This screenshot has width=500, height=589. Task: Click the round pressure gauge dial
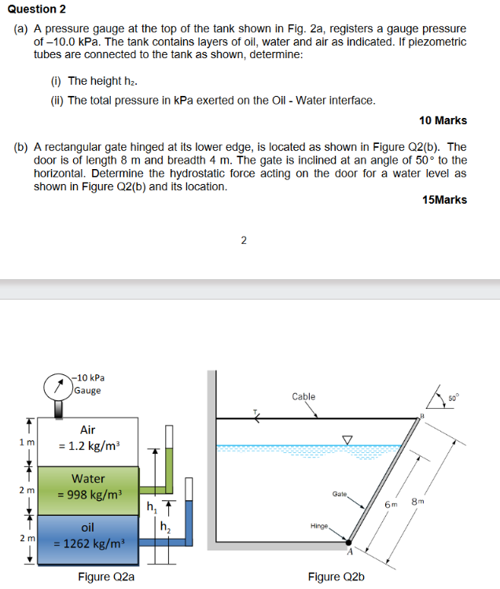coord(58,385)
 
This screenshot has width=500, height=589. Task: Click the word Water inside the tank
coord(88,478)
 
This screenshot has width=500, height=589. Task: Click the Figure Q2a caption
coord(105,576)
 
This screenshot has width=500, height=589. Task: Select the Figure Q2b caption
coord(336,576)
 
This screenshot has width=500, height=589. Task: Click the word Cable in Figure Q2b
coord(303,396)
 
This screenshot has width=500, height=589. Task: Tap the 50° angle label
coord(453,399)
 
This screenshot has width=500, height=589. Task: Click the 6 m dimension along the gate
coord(392,503)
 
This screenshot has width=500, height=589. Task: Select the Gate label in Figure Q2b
coord(340,493)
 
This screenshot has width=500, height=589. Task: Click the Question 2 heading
coord(37,9)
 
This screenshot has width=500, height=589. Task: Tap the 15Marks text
coord(444,199)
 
